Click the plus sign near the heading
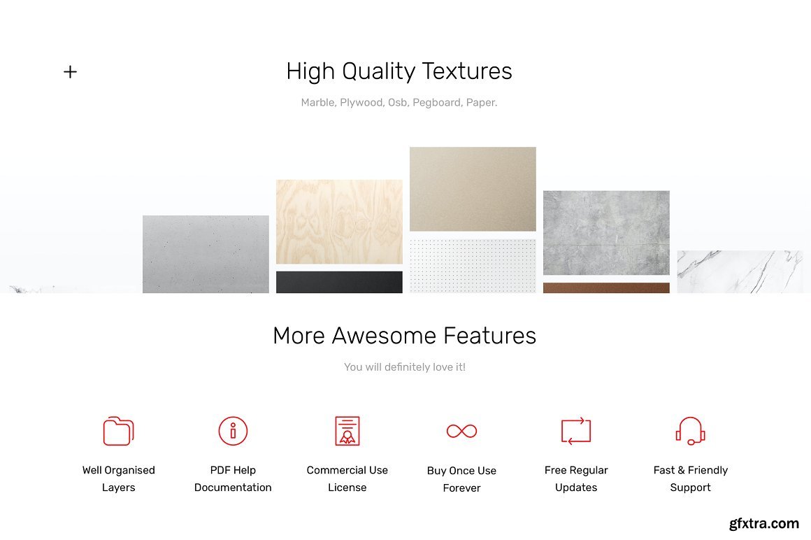[71, 71]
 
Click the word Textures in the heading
[466, 71]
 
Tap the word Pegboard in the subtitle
[436, 102]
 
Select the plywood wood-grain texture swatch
[339, 222]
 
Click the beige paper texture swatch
[473, 189]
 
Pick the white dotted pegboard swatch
[473, 266]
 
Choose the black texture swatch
[339, 282]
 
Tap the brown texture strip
[606, 287]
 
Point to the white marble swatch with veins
[740, 271]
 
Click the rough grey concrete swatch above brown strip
[606, 233]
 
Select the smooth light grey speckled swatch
[206, 254]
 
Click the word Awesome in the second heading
[387, 336]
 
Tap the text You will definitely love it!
[405, 367]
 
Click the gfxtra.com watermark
[764, 523]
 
